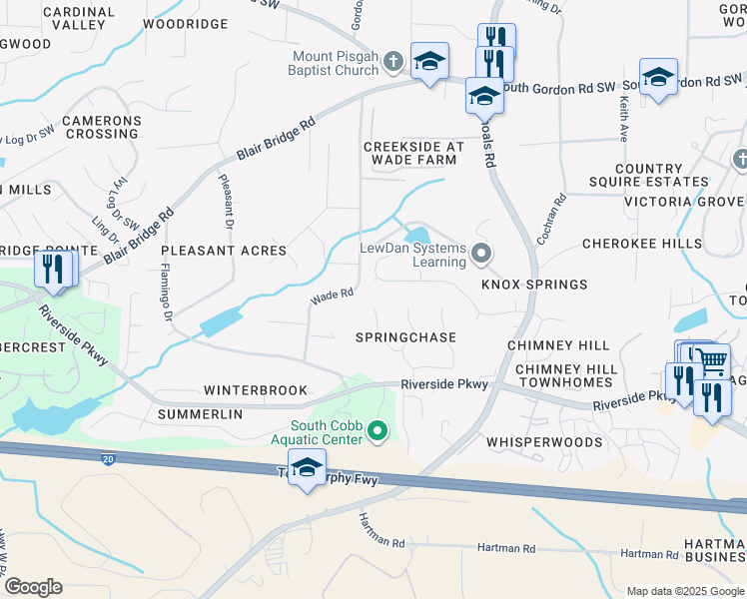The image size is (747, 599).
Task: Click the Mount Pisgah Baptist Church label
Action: pos(336,63)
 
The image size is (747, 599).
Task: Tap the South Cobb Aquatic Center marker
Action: pos(377,431)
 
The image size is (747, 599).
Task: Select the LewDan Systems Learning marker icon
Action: pos(481,254)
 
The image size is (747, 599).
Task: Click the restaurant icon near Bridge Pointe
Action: pos(53,270)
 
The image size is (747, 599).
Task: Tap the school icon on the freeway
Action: pos(307,467)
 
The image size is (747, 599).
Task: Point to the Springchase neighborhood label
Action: pos(405,337)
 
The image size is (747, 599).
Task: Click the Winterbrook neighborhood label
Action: pos(256,390)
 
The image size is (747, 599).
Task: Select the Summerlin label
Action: pos(200,413)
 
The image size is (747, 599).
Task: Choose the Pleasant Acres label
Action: pos(225,251)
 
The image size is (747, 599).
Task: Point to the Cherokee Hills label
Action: pos(641,244)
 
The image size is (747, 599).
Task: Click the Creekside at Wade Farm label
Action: pos(413,153)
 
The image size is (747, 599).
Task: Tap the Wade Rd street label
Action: pos(333,295)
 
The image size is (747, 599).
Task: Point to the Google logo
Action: pos(33,587)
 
